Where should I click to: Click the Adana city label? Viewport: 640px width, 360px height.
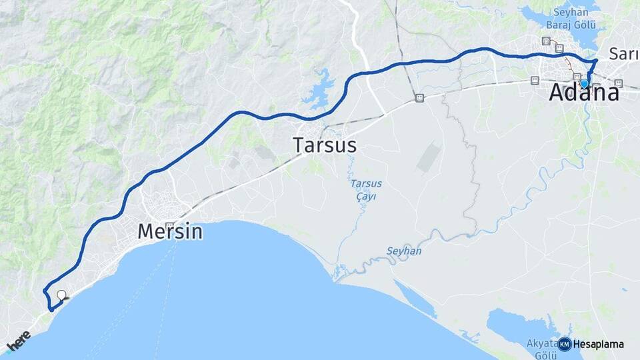[x=583, y=94]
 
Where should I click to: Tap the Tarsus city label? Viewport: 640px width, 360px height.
[x=325, y=145]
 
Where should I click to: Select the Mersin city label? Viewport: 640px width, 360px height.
[x=169, y=232]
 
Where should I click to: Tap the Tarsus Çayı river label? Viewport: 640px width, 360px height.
[x=364, y=190]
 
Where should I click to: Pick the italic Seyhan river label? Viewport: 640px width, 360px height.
[x=404, y=251]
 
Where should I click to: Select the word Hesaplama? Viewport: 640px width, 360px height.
[x=598, y=345]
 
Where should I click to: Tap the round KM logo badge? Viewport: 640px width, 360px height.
[x=565, y=345]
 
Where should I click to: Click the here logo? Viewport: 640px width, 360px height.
[x=19, y=341]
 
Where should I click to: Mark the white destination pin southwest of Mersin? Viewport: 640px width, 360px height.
[x=61, y=295]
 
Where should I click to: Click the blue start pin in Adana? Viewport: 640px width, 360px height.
[x=584, y=84]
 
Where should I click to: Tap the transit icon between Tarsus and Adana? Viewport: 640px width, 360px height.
[x=419, y=98]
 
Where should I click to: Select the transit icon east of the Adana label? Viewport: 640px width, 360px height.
[x=618, y=83]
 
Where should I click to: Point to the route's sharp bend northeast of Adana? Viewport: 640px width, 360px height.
[x=596, y=61]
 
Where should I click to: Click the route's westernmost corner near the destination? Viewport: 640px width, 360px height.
[x=45, y=291]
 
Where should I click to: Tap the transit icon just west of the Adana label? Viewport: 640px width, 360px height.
[x=534, y=80]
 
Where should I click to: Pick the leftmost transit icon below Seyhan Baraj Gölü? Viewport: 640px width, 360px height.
[x=547, y=41]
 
